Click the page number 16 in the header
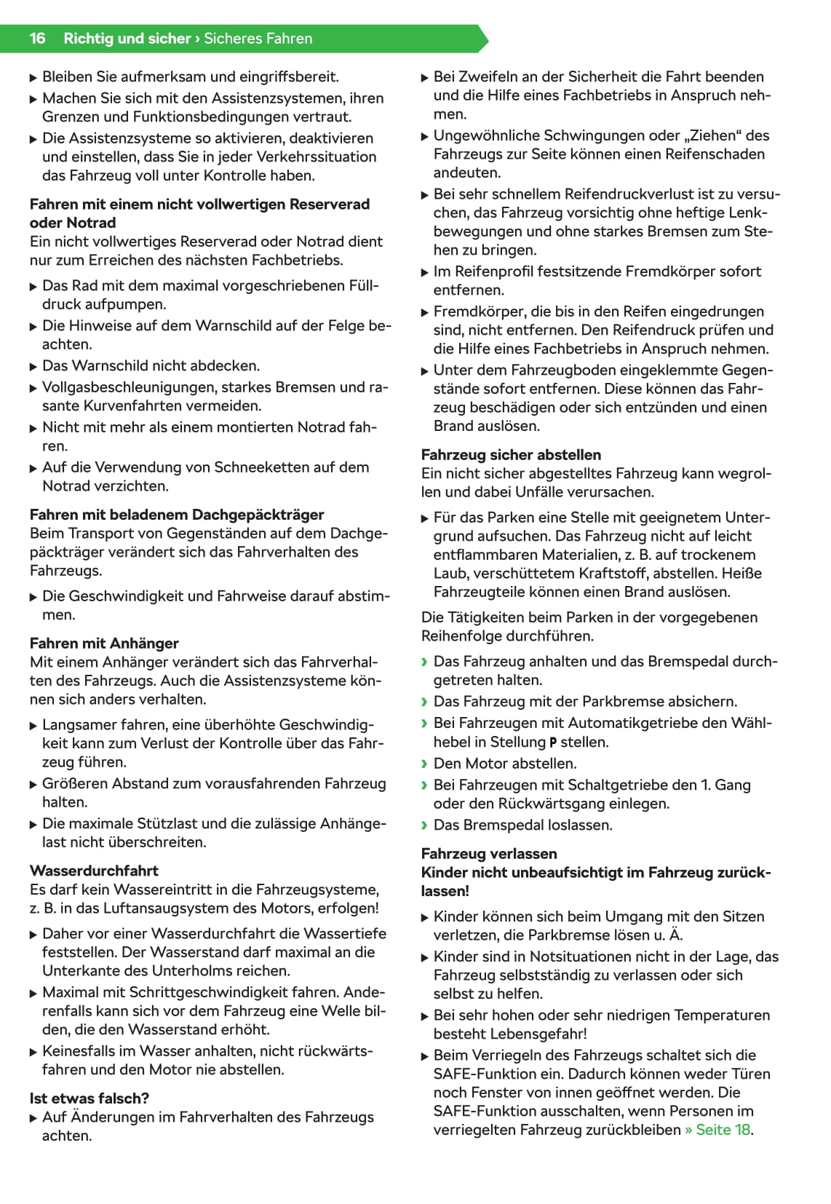[37, 39]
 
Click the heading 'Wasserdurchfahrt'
[94, 871]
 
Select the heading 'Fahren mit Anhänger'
[104, 643]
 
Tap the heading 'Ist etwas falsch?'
[89, 1098]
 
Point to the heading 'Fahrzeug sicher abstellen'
[511, 455]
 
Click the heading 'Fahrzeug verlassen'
[489, 854]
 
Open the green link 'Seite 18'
[723, 1130]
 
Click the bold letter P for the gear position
[553, 743]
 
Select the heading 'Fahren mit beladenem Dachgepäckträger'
[177, 515]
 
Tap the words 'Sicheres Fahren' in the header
[258, 39]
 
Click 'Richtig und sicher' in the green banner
[127, 39]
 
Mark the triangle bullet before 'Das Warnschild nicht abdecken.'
[33, 366]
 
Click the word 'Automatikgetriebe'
[627, 723]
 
